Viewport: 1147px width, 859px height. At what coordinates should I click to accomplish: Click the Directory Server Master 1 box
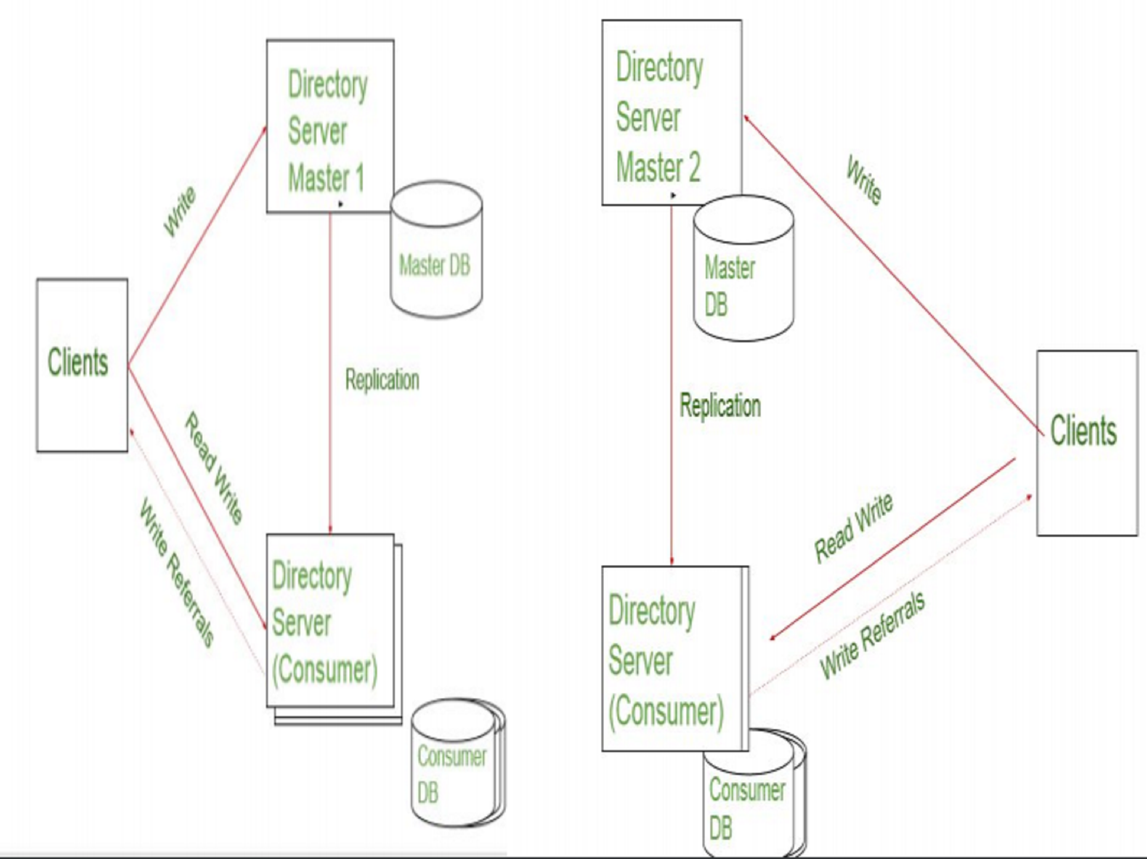click(330, 126)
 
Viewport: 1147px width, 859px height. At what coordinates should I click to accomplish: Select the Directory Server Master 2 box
click(672, 113)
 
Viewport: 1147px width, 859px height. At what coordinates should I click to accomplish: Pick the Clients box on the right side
click(1087, 443)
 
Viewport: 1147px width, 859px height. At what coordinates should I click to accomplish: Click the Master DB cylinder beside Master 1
click(436, 249)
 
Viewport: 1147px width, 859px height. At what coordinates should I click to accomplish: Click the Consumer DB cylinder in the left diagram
click(458, 762)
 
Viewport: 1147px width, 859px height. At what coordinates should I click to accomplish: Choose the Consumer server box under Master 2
click(675, 659)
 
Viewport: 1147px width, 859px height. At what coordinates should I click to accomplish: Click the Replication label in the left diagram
click(382, 379)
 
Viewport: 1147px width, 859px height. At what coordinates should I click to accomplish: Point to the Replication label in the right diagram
click(720, 406)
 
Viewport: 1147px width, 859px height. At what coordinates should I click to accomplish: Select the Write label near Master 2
click(864, 180)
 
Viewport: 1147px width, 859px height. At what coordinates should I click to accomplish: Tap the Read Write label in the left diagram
click(214, 468)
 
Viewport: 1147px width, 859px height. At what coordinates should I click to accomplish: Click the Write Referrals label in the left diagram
click(176, 572)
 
